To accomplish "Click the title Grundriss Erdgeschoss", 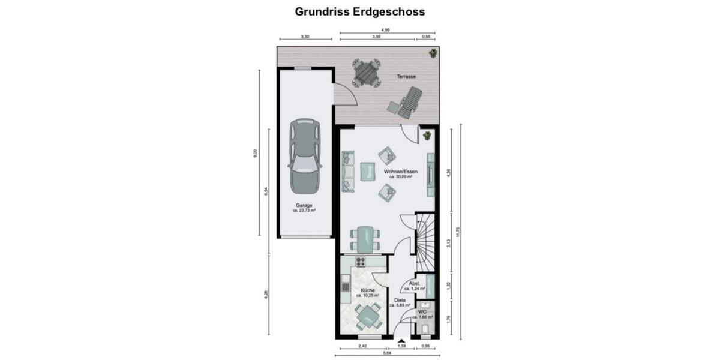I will (359, 11).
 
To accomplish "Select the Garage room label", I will (304, 208).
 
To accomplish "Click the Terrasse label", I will (406, 77).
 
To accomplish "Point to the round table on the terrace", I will (366, 73).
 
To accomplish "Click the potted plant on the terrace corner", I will (432, 54).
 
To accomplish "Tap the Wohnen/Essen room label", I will (401, 173).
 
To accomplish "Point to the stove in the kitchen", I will (361, 261).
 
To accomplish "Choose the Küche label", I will (368, 292).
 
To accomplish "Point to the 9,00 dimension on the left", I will (256, 152).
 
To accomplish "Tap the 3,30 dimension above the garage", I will (305, 37).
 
